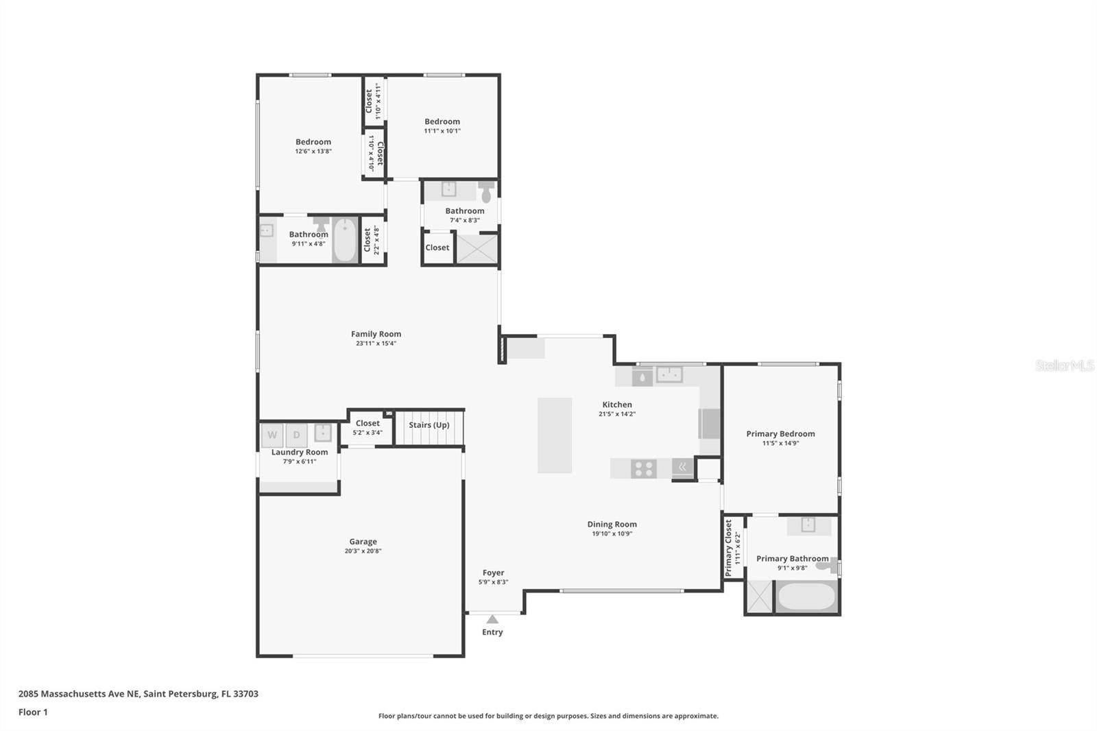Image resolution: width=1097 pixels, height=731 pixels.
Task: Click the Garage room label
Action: point(363,541)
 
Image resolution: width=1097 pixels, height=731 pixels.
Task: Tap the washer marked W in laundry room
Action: point(272,435)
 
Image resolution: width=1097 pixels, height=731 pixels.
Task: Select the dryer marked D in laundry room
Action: point(296,435)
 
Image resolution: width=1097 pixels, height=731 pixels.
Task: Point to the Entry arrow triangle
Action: point(492,619)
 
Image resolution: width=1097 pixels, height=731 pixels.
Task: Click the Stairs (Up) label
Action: point(429,424)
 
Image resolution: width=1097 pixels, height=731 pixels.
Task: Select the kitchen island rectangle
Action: point(554,435)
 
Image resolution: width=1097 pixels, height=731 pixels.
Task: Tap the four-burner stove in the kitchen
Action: point(644,468)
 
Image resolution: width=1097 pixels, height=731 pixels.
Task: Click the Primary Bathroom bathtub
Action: point(806,596)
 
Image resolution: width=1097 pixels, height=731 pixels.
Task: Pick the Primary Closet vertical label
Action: point(729,547)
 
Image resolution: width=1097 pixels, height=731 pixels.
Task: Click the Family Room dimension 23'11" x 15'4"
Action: point(376,344)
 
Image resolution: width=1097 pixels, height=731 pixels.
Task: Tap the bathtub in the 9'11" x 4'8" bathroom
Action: point(345,239)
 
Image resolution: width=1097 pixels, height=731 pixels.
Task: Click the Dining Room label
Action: point(612,524)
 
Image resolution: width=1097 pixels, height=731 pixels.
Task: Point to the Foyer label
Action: point(493,573)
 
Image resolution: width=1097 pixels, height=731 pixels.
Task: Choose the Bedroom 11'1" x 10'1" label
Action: point(442,121)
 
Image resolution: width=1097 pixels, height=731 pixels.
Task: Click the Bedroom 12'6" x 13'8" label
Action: point(313,142)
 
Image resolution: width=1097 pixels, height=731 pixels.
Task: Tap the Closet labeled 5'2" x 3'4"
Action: point(367,423)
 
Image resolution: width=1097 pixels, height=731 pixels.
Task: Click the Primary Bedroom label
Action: point(780,433)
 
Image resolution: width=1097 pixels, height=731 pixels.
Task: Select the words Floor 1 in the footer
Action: point(33,712)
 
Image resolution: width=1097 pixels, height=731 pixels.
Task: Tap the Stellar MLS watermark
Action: point(1064,365)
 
